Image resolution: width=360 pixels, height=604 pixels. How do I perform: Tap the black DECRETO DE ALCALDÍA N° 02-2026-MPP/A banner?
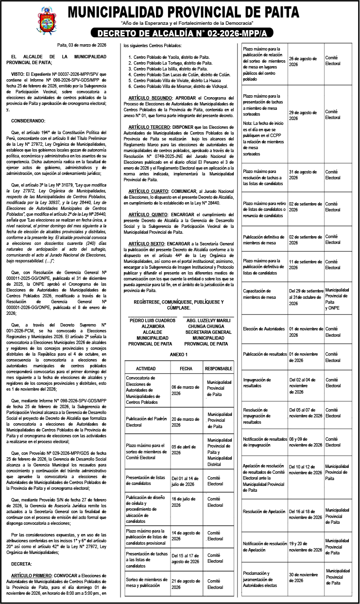click(x=182, y=34)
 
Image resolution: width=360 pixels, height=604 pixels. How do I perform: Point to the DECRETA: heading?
click(x=21, y=564)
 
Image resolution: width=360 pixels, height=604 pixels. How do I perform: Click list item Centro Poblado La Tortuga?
click(x=172, y=63)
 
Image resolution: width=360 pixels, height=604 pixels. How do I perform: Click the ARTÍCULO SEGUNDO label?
click(x=142, y=98)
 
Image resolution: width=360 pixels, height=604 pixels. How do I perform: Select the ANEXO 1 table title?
click(x=178, y=355)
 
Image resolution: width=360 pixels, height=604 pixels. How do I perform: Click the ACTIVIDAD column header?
click(x=146, y=368)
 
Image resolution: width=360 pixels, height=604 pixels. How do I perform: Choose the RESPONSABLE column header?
click(x=219, y=368)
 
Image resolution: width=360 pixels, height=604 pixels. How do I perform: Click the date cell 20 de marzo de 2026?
click(x=186, y=422)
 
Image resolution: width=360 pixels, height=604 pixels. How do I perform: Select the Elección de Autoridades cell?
click(x=264, y=329)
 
